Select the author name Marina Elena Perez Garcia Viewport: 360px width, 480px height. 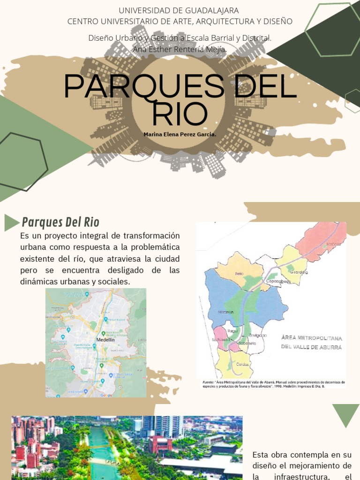(x=180, y=135)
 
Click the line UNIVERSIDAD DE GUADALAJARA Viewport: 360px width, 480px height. (x=179, y=10)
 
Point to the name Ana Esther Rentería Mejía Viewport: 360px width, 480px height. (x=180, y=49)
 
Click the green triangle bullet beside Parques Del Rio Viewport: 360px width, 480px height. (x=11, y=222)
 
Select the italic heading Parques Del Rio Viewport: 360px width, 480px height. (x=61, y=222)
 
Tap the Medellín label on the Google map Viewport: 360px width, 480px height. (x=105, y=340)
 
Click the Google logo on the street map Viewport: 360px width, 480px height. (x=106, y=395)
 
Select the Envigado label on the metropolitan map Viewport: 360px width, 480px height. (x=258, y=336)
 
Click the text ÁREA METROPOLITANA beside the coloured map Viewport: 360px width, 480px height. (x=311, y=338)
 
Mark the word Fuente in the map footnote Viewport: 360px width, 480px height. (x=208, y=382)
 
